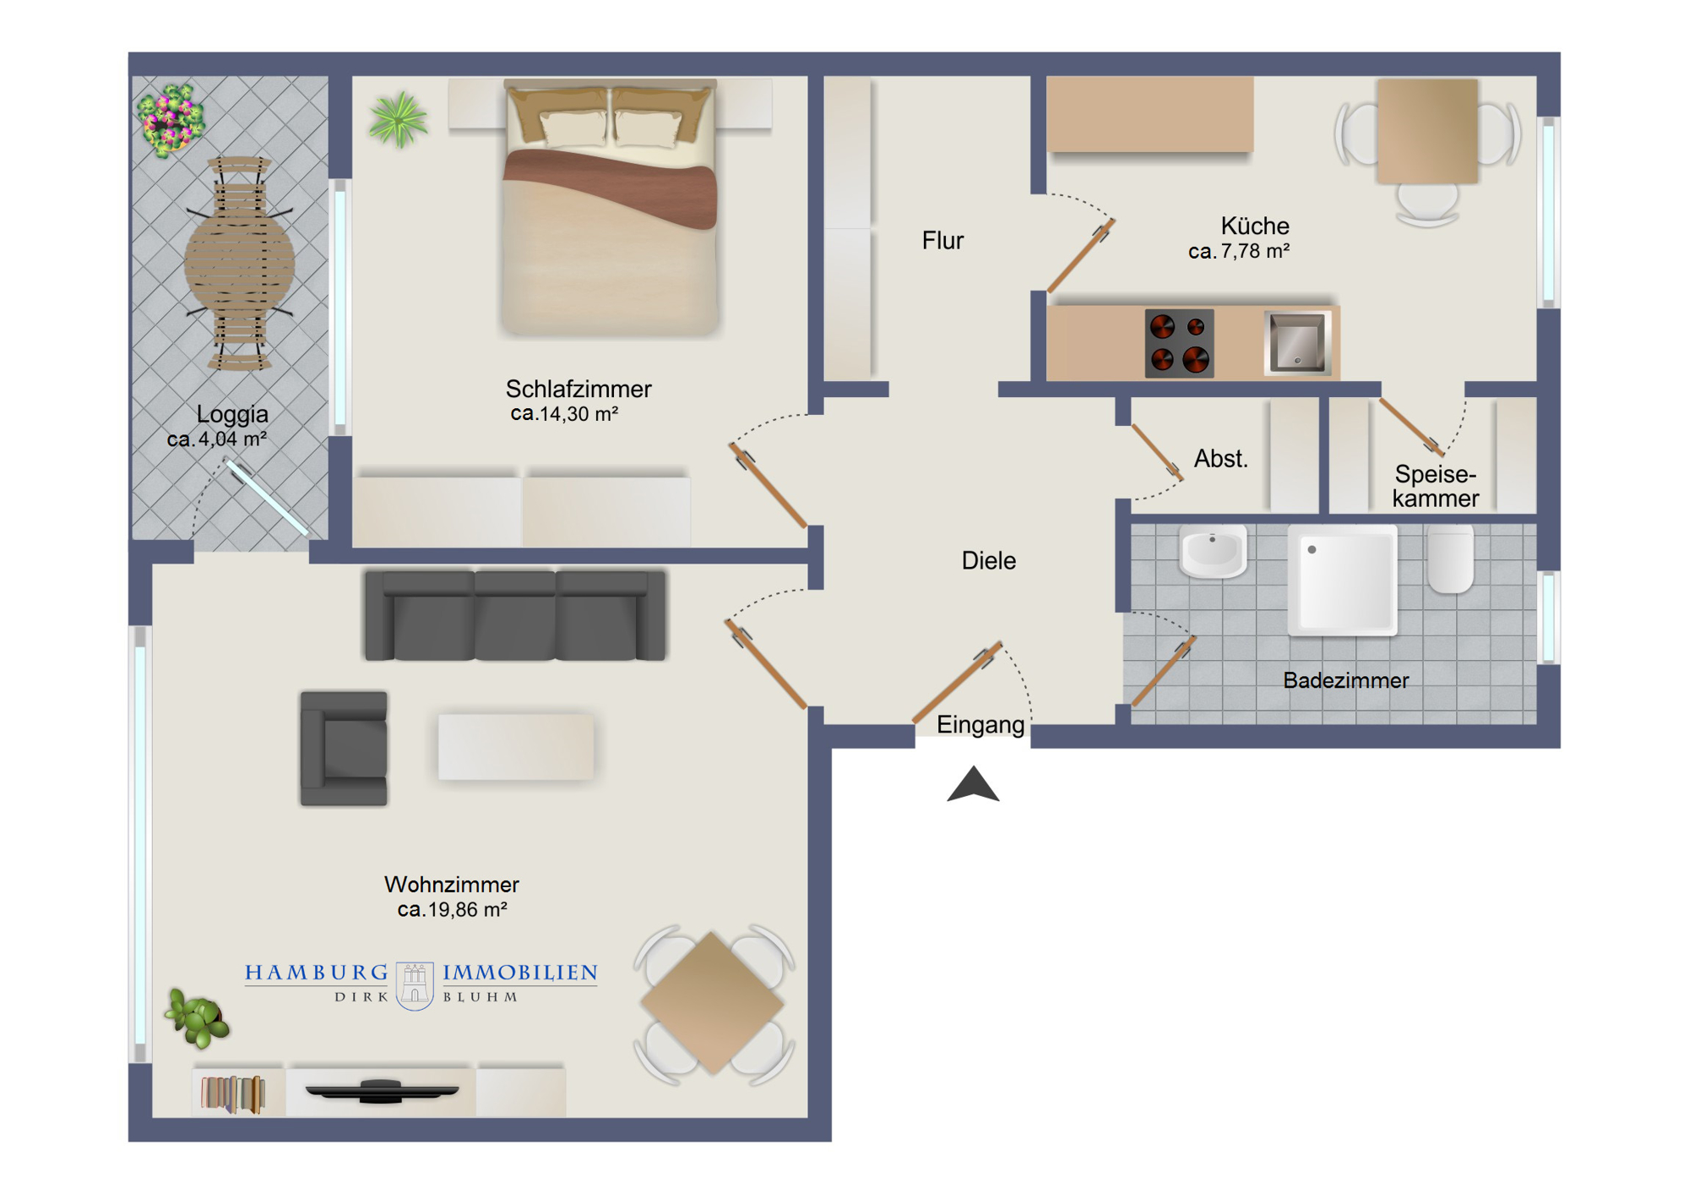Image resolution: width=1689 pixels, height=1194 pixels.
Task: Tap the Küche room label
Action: (x=1254, y=226)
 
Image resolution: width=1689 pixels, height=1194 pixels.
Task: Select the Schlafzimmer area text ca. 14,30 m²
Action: (x=564, y=414)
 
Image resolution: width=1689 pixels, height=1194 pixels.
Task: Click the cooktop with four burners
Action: (x=1179, y=342)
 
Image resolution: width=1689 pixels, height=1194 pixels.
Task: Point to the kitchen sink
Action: (x=1297, y=342)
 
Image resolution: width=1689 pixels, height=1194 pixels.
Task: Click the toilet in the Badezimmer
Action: (x=1450, y=559)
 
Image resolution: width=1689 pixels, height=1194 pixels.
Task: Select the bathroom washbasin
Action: (x=1213, y=552)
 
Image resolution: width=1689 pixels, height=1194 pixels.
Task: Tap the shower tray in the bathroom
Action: (x=1343, y=580)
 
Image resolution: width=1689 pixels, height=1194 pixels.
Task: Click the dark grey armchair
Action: (x=344, y=749)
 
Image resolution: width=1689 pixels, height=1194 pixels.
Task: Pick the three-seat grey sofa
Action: (x=515, y=615)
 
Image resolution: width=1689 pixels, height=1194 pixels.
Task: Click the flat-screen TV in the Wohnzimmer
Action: (x=382, y=1091)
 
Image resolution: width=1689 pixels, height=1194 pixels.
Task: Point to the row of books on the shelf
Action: (x=232, y=1094)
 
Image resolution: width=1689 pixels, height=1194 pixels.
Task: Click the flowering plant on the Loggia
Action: (x=171, y=120)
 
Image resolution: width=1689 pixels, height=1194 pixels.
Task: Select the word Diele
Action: (x=988, y=560)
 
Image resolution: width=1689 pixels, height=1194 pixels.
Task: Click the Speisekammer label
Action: (x=1436, y=486)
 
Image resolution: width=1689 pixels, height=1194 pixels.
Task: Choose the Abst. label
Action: (x=1220, y=459)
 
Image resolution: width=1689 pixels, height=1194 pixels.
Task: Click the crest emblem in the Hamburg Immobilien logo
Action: (x=415, y=985)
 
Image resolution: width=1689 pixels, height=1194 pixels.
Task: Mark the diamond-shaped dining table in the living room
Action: (x=714, y=1003)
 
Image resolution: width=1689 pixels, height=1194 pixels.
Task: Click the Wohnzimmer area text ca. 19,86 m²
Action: (x=452, y=910)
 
